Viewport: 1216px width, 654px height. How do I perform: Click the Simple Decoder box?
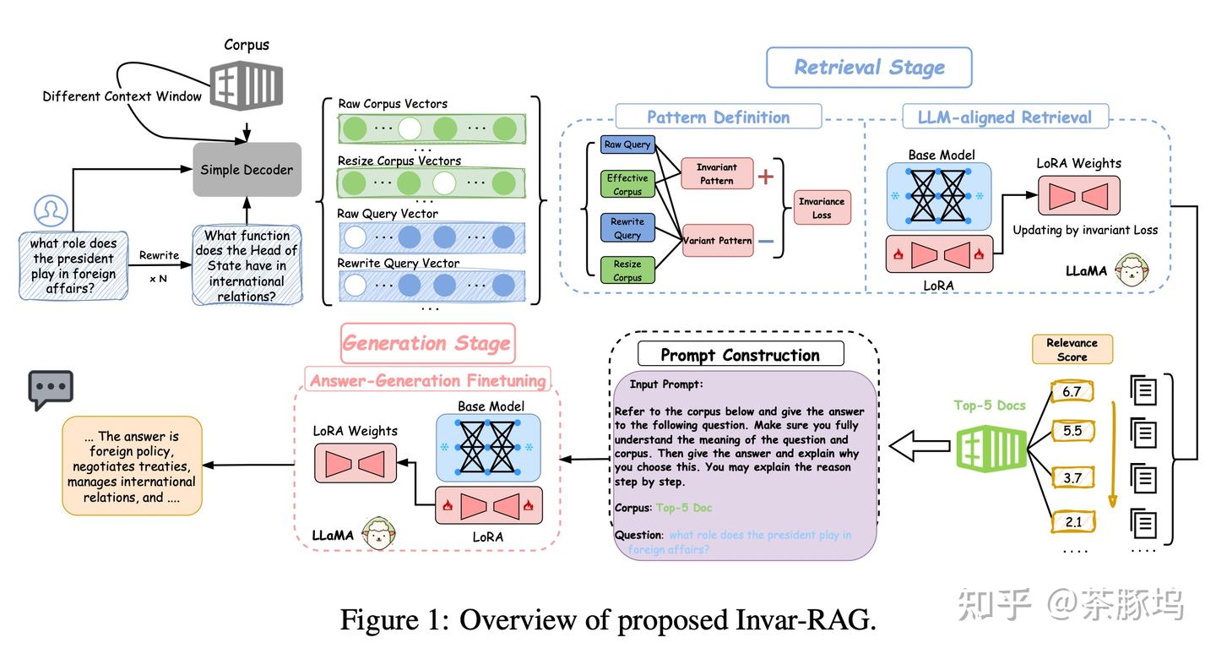[247, 170]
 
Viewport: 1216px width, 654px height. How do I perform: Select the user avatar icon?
[51, 210]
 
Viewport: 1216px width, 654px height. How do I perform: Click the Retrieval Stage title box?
[869, 68]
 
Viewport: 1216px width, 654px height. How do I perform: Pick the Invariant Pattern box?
[716, 174]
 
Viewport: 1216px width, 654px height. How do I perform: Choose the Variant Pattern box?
[717, 240]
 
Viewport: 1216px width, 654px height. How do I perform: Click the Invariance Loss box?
[822, 208]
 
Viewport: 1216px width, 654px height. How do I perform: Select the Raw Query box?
[627, 144]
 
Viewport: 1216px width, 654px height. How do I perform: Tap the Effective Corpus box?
[627, 184]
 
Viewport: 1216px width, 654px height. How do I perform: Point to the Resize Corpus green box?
[627, 270]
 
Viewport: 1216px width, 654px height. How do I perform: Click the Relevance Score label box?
[1072, 349]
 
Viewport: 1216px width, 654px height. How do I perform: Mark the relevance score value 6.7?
[1072, 392]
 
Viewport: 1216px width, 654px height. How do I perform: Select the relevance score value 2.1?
[1072, 521]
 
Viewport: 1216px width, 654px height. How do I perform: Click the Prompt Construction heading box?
[740, 355]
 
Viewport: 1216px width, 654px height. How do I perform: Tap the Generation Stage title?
[427, 343]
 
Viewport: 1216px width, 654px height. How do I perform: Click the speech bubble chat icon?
[51, 390]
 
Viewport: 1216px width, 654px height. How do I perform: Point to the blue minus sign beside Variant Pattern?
[766, 241]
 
